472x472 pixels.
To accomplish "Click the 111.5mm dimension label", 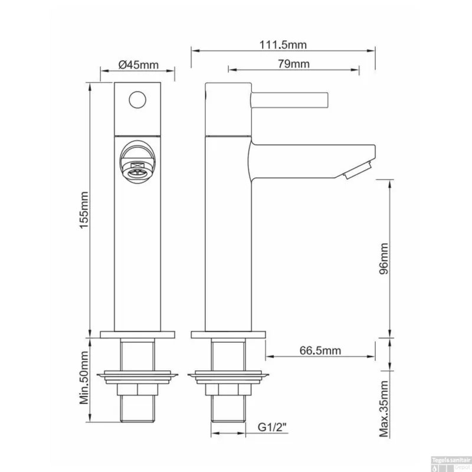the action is [x=283, y=45].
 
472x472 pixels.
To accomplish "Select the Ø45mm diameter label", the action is [x=138, y=65].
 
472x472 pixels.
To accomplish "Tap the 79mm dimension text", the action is [x=293, y=64].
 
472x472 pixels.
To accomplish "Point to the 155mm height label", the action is [x=84, y=210].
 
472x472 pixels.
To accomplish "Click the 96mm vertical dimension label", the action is [x=384, y=258].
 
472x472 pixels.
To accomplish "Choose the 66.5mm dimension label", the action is [x=320, y=350].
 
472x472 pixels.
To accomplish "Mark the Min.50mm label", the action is [x=84, y=378].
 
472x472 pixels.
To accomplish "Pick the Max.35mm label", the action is [x=384, y=409].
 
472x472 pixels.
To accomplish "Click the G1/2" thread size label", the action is [x=272, y=427].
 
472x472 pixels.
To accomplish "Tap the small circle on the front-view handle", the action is [x=137, y=100].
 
